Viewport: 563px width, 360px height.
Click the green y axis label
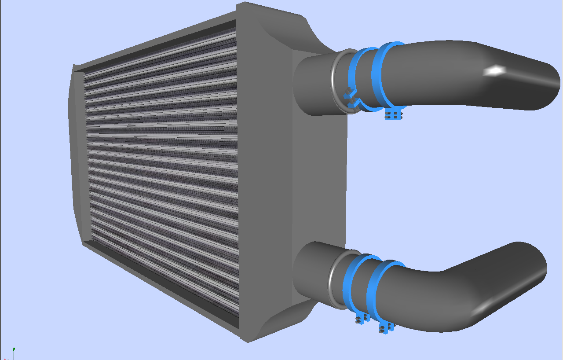point(14,349)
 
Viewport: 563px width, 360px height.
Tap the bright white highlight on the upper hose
point(495,70)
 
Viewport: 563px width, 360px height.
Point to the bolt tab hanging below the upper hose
point(394,115)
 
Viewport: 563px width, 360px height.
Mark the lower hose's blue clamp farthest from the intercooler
point(373,290)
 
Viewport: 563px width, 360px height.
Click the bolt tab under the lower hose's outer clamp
point(385,327)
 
